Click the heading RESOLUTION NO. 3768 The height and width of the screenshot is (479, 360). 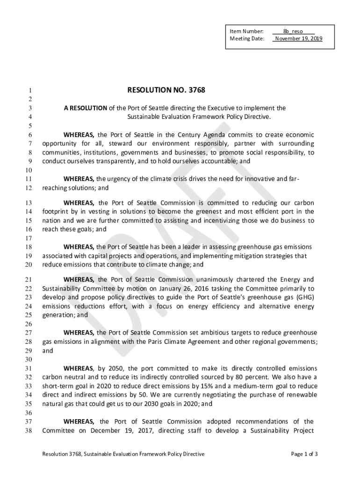(x=166, y=90)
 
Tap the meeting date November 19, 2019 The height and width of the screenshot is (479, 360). (x=298, y=38)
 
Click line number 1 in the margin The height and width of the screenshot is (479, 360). (x=29, y=90)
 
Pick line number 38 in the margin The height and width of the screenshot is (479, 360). (x=28, y=431)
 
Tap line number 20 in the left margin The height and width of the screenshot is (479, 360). (x=28, y=265)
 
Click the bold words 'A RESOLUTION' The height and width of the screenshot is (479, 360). (x=86, y=108)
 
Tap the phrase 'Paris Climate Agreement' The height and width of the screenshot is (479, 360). (x=178, y=342)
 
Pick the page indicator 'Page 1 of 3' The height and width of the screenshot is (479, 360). (x=304, y=454)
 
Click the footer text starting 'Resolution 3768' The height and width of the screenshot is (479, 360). (x=123, y=454)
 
